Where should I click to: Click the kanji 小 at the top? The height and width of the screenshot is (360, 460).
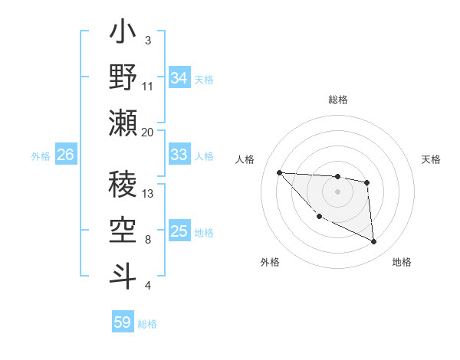(x=123, y=34)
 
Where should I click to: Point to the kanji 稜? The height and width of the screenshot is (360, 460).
(x=123, y=183)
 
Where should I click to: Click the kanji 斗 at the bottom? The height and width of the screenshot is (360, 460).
(x=123, y=273)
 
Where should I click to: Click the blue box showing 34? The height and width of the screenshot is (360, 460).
(x=179, y=78)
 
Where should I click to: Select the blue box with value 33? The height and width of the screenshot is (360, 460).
(x=179, y=155)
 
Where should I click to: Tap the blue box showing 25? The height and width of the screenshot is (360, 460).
(x=179, y=231)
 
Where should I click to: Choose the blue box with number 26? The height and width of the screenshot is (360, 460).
(x=65, y=155)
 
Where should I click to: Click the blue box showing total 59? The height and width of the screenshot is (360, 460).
(x=122, y=322)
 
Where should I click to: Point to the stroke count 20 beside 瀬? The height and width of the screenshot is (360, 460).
(x=148, y=132)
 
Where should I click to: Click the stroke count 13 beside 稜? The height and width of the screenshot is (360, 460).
(x=149, y=193)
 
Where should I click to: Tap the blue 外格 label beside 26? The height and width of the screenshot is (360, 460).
(x=41, y=155)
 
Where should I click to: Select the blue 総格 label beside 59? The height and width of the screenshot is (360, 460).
(x=147, y=323)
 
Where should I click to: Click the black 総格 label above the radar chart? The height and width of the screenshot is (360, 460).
(x=337, y=100)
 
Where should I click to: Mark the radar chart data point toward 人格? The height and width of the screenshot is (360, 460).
(x=279, y=172)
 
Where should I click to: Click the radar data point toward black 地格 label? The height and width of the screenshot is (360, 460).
(x=374, y=242)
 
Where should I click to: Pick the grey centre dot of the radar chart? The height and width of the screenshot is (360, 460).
(x=337, y=191)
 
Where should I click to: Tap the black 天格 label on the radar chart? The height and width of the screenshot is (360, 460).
(x=432, y=159)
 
